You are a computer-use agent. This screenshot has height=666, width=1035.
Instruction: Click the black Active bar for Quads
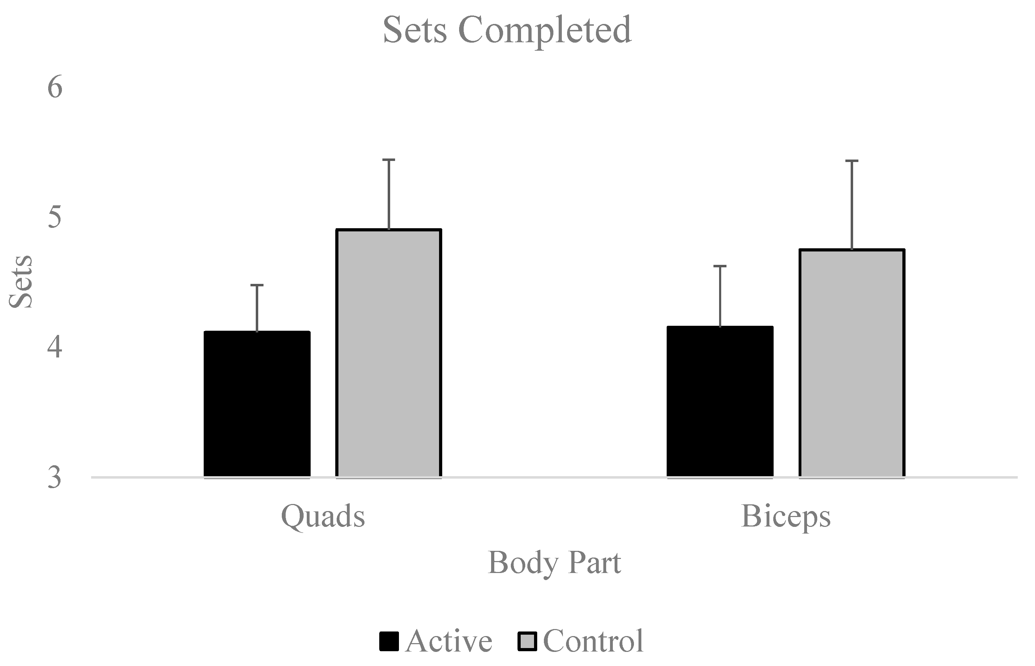[x=257, y=404]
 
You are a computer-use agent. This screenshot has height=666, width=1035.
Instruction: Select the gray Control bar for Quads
[x=389, y=353]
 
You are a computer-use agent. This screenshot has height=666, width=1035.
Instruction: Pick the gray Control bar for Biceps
[x=851, y=363]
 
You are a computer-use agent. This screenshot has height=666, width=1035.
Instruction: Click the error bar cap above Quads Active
[x=257, y=285]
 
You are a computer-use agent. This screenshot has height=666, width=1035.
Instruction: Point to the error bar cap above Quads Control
[x=389, y=160]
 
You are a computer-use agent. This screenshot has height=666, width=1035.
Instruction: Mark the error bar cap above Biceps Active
[x=720, y=266]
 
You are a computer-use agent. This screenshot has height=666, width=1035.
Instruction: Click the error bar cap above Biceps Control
[x=851, y=161]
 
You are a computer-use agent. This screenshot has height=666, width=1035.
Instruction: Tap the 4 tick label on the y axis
[x=55, y=347]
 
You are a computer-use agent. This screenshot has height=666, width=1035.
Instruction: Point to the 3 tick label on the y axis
[x=55, y=478]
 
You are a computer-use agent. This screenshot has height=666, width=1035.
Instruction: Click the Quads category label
[x=323, y=516]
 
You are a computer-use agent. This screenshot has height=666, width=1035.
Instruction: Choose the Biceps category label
[x=786, y=516]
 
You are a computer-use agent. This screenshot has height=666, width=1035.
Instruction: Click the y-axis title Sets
[x=21, y=282]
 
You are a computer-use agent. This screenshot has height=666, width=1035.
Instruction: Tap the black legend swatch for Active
[x=389, y=641]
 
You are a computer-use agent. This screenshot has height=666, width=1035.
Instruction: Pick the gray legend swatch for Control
[x=527, y=641]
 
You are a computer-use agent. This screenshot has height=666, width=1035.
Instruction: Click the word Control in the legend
[x=593, y=641]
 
